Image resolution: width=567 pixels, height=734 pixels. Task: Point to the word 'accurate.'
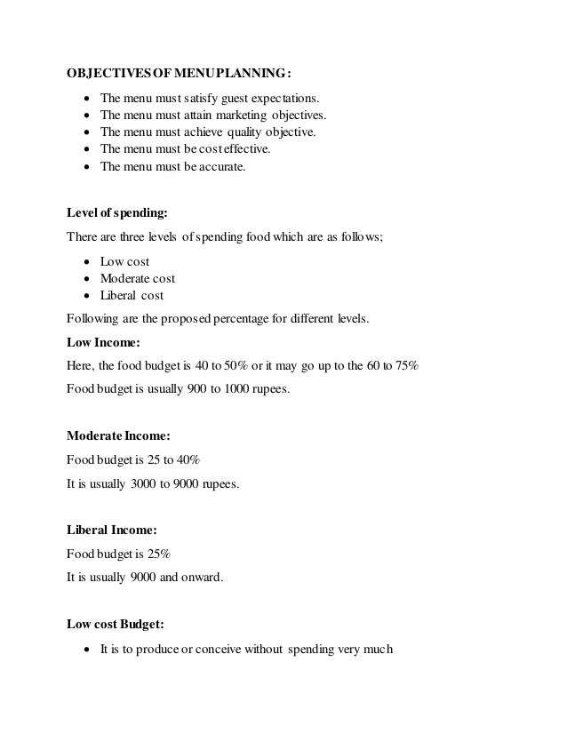(x=221, y=166)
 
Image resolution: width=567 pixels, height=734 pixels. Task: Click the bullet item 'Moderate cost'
(x=138, y=279)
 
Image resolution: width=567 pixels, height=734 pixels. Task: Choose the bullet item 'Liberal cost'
(x=132, y=296)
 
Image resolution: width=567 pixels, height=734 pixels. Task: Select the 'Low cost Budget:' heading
(x=116, y=624)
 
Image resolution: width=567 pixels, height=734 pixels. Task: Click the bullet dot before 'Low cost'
(x=85, y=262)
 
